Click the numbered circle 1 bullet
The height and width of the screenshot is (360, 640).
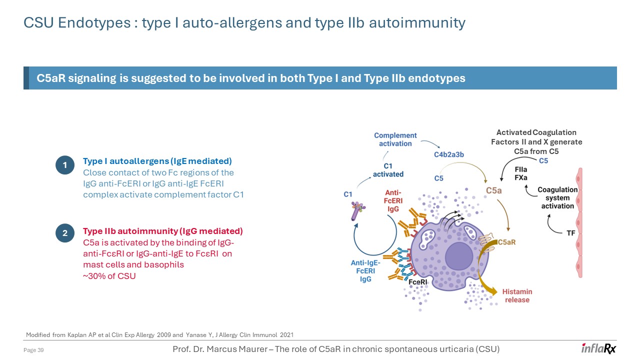click(x=64, y=165)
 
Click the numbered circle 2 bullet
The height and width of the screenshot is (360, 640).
click(x=64, y=233)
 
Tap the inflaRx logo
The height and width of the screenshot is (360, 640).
click(x=598, y=348)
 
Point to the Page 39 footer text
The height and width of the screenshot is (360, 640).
click(x=34, y=350)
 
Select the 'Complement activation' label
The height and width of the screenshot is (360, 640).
click(x=395, y=139)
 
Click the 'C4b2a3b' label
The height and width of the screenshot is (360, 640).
click(x=448, y=154)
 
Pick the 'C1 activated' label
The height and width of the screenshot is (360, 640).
click(x=388, y=170)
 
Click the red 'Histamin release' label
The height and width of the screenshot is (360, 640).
click(x=517, y=295)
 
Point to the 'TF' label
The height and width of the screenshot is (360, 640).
click(x=570, y=233)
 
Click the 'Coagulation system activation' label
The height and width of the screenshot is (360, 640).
click(x=557, y=198)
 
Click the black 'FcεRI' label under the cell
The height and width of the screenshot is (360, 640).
click(x=417, y=282)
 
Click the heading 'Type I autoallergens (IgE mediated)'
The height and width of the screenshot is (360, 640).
click(x=157, y=161)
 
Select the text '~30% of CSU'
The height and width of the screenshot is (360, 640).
click(x=109, y=276)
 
